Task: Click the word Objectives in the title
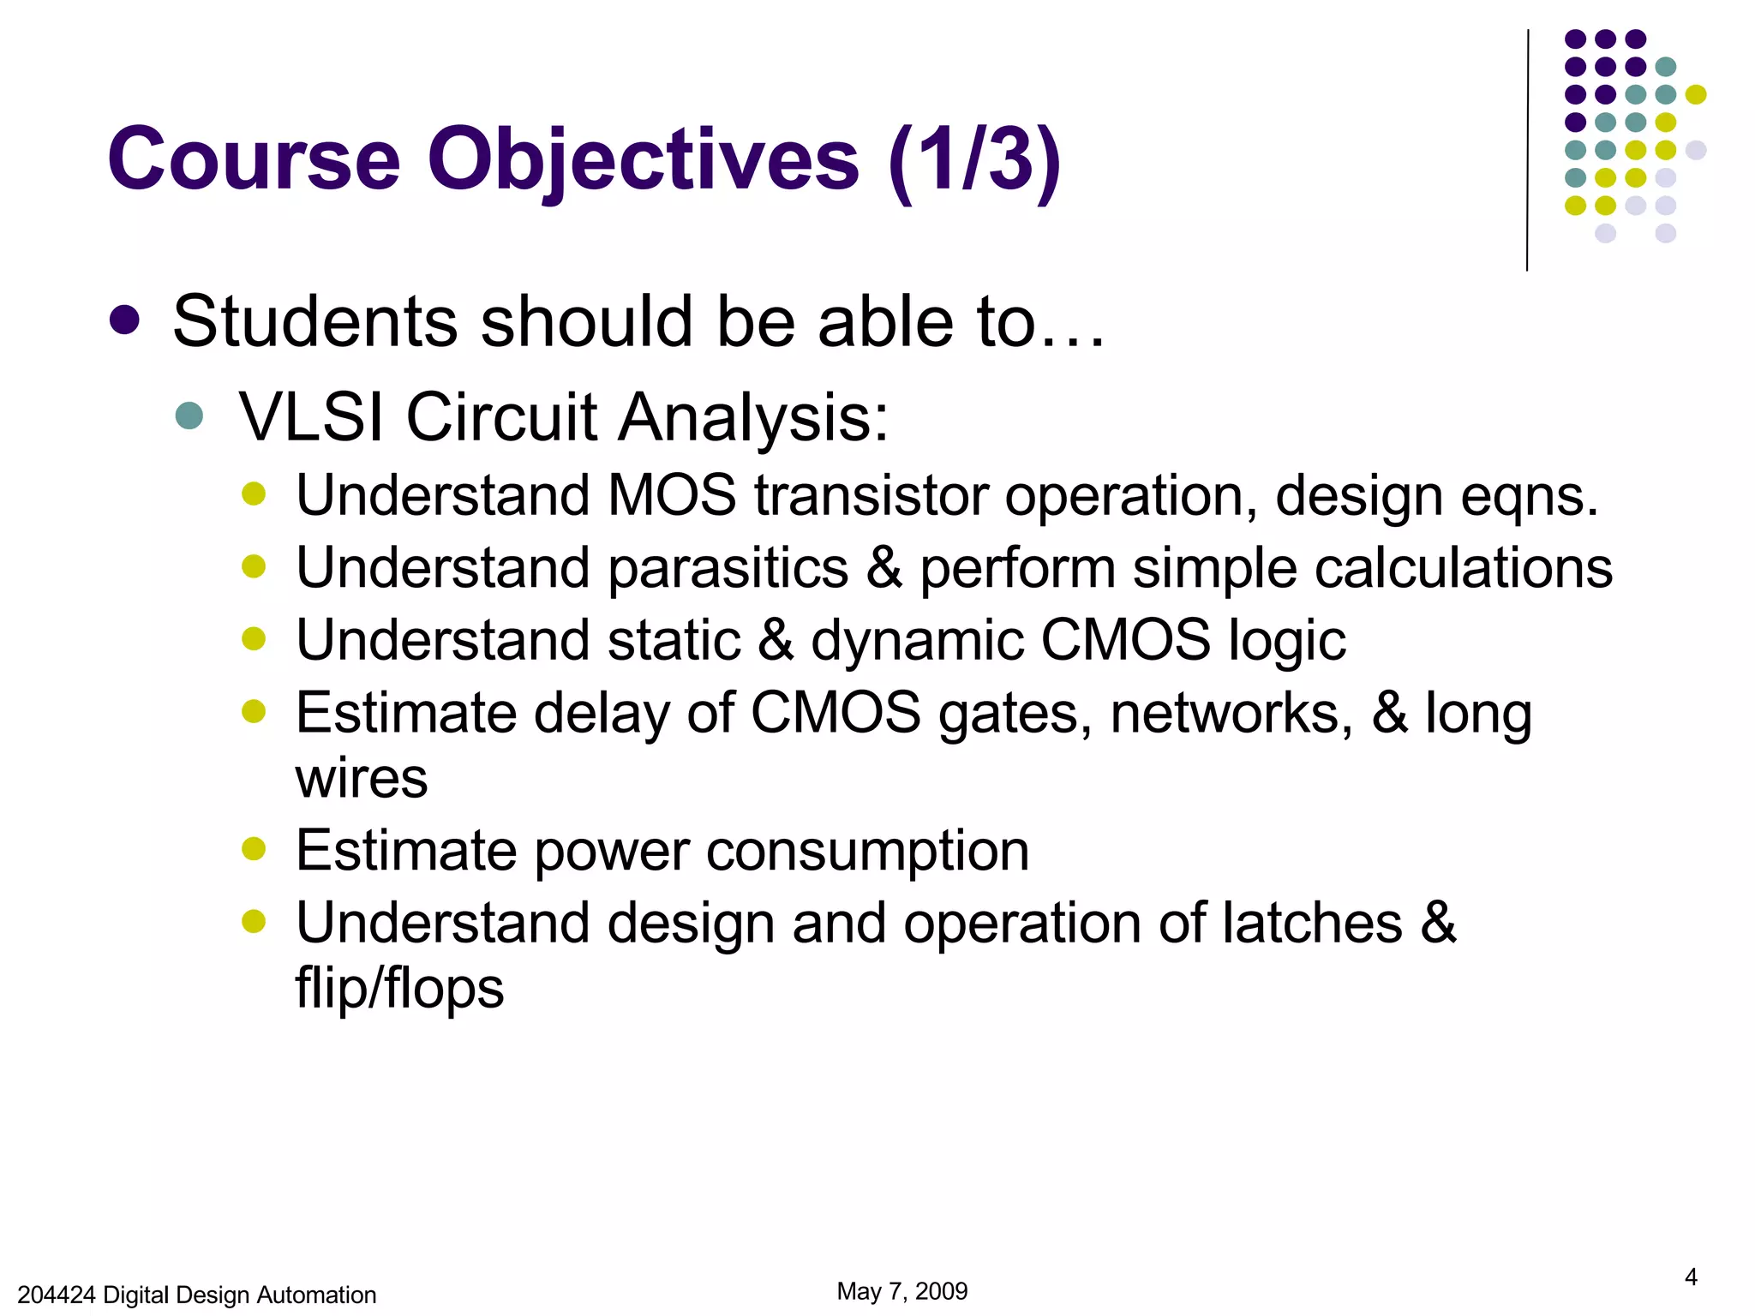pyautogui.click(x=643, y=160)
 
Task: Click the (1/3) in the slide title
pyautogui.click(x=974, y=160)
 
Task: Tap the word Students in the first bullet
pyautogui.click(x=314, y=321)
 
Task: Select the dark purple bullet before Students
pyautogui.click(x=125, y=320)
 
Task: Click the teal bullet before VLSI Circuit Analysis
pyautogui.click(x=189, y=416)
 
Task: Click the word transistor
pyautogui.click(x=871, y=496)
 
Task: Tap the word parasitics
pyautogui.click(x=728, y=569)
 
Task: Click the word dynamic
pyautogui.click(x=917, y=642)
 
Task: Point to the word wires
pyautogui.click(x=361, y=779)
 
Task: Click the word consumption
pyautogui.click(x=867, y=852)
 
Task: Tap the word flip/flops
pyautogui.click(x=399, y=988)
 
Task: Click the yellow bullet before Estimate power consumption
pyautogui.click(x=254, y=849)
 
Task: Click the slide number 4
pyautogui.click(x=1691, y=1277)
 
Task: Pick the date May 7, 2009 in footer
pyautogui.click(x=901, y=1291)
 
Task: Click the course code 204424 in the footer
pyautogui.click(x=56, y=1295)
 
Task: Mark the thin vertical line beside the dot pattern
pyautogui.click(x=1527, y=150)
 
